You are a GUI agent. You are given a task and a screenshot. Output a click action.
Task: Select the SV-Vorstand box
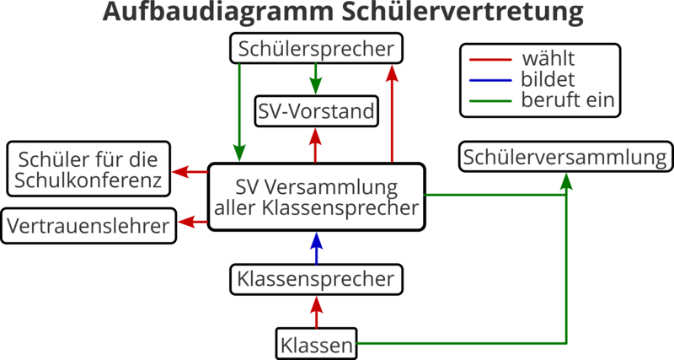316,110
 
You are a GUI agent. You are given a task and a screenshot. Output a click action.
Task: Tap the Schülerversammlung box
565,158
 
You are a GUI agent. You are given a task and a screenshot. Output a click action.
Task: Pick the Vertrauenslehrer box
89,225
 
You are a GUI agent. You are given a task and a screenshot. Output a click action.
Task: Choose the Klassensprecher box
316,278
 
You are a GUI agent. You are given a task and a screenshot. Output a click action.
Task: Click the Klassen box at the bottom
317,343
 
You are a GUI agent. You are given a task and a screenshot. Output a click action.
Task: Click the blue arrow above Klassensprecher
316,250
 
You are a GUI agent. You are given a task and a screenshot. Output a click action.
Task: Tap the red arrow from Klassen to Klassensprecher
316,311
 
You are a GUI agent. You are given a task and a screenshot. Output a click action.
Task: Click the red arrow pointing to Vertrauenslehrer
195,222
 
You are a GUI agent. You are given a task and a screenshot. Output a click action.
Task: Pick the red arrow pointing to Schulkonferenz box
189,171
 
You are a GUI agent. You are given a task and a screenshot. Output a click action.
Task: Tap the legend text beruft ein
571,101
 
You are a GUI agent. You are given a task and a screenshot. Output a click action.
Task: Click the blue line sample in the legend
489,80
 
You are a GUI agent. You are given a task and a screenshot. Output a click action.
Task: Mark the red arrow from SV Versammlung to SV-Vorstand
316,145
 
